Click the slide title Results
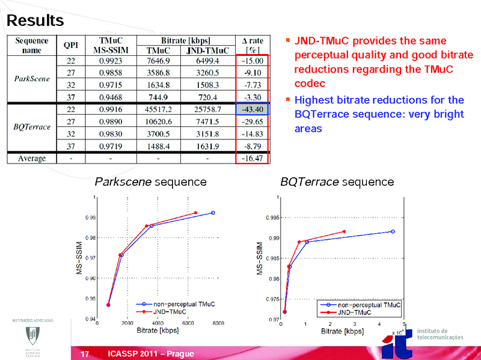pos(35,20)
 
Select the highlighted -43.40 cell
pos(251,109)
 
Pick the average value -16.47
pos(251,158)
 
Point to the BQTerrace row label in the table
pos(31,127)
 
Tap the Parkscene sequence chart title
pos(151,182)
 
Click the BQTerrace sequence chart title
pos(337,182)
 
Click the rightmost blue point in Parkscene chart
pos(213,213)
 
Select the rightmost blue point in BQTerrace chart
pos(393,231)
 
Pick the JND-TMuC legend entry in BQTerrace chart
pos(354,313)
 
